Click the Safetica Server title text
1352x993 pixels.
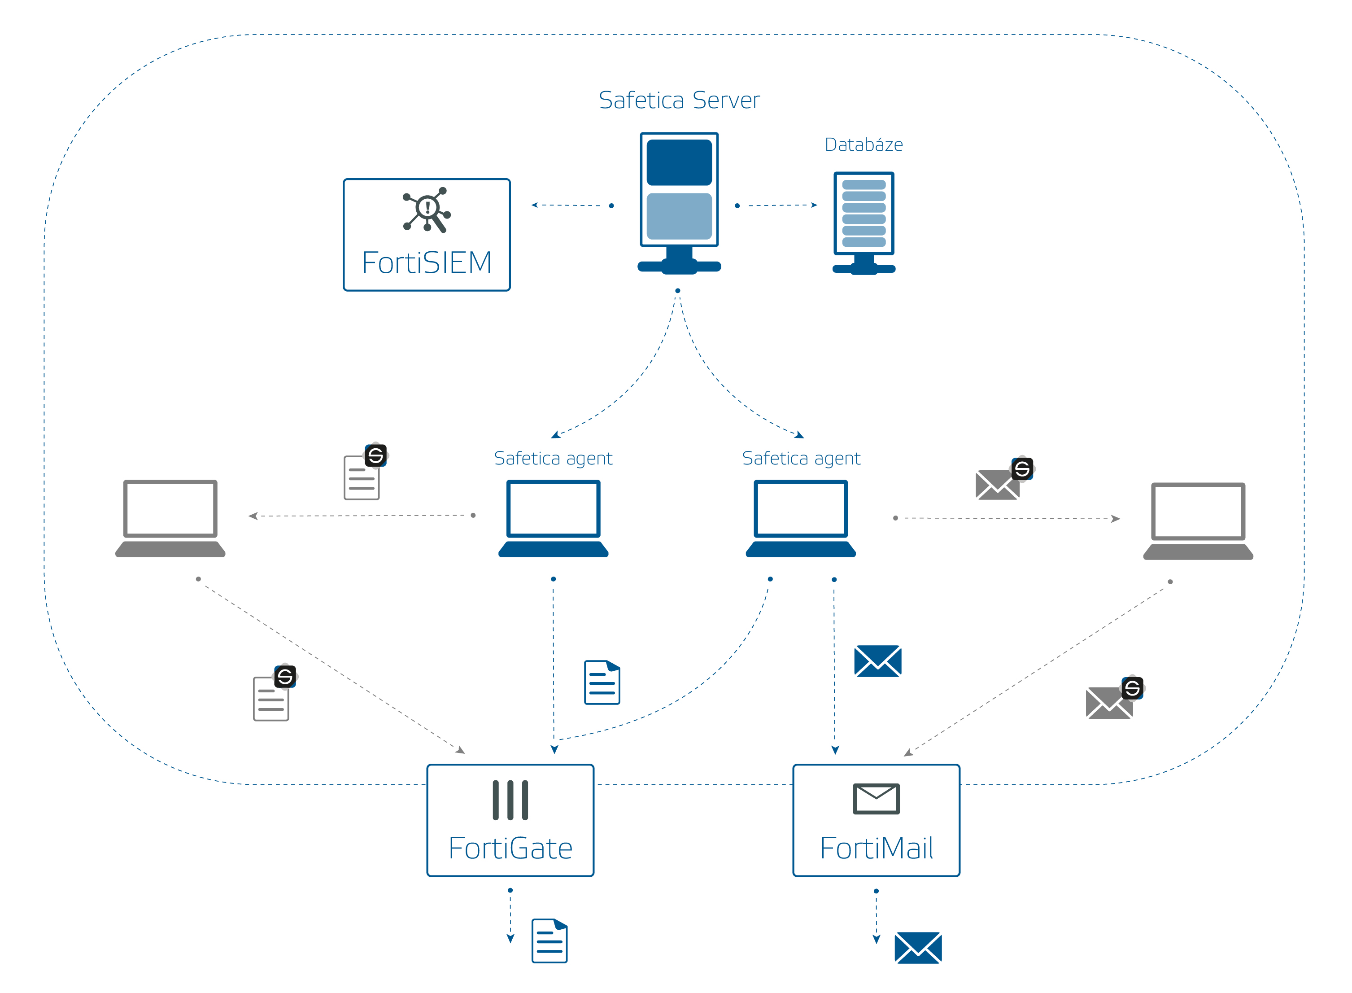[x=679, y=101]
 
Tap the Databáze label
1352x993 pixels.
[x=864, y=145]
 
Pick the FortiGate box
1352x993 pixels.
[x=510, y=821]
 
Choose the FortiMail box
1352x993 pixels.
[x=876, y=821]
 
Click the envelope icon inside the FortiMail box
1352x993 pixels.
[x=876, y=798]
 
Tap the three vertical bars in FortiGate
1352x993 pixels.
[x=510, y=800]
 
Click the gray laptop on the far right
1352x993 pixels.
[x=1198, y=521]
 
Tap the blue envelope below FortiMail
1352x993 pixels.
[x=918, y=948]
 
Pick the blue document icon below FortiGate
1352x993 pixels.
[x=549, y=941]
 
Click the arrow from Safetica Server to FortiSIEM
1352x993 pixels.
[x=571, y=206]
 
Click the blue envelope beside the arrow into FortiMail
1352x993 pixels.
[x=877, y=661]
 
